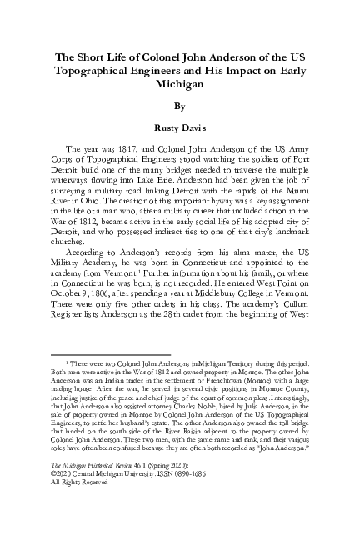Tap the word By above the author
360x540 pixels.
180,107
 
